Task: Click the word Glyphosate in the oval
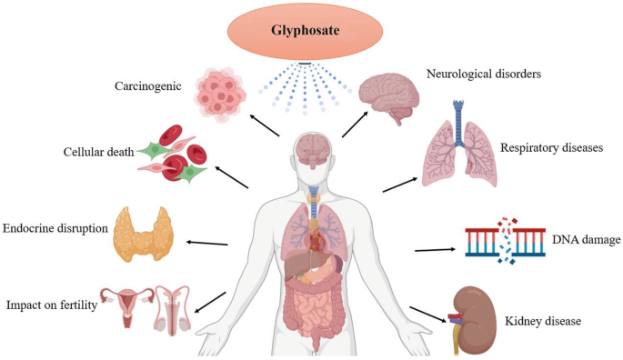pos(306,31)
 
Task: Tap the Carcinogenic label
pos(148,86)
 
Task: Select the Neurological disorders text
pos(484,74)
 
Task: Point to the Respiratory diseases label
pos(551,148)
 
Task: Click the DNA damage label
pos(586,240)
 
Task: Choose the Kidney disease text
pos(543,321)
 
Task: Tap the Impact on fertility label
pos(52,305)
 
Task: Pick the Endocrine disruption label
pos(55,228)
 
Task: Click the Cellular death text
pos(98,152)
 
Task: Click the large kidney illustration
pos(474,320)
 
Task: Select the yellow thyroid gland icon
pos(143,234)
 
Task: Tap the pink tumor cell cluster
pos(220,95)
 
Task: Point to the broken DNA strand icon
pos(505,241)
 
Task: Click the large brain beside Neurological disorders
pos(389,97)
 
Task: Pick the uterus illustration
pos(126,306)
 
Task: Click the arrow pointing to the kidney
pos(428,315)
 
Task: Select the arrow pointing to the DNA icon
pos(436,250)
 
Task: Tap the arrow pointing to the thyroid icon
pos(207,243)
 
